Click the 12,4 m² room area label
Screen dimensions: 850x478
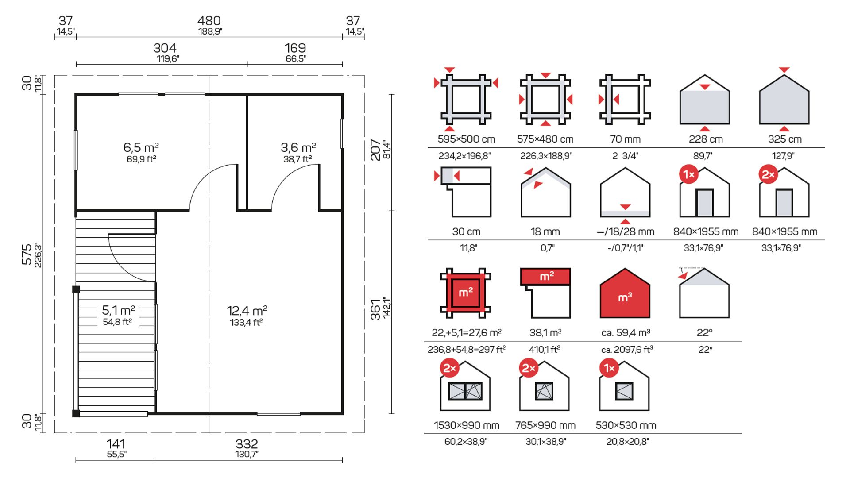[x=247, y=311]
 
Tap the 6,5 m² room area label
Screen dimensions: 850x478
[x=141, y=147]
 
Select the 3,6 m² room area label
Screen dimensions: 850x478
[x=298, y=147]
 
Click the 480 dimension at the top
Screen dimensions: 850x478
[x=209, y=21]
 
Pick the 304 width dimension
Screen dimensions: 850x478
[x=165, y=48]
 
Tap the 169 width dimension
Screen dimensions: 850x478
[x=295, y=48]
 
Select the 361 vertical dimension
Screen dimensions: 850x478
[x=375, y=309]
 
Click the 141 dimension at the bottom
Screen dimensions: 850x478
[x=116, y=444]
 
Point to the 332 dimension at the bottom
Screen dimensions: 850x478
[x=247, y=444]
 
